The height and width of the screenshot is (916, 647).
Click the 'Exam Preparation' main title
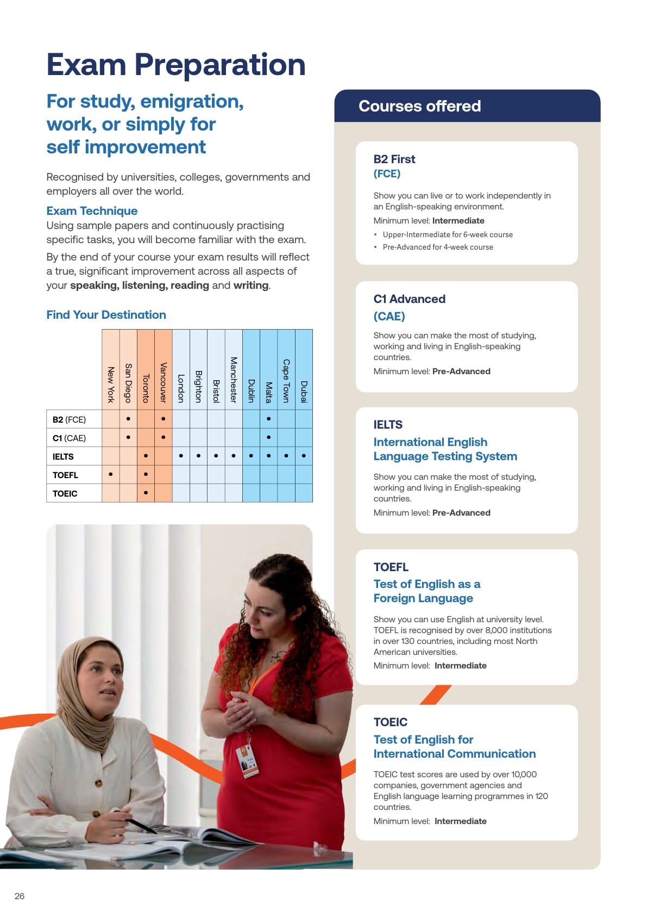click(175, 65)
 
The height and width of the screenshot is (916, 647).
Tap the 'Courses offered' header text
click(419, 106)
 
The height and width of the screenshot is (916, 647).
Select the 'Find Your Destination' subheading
click(106, 315)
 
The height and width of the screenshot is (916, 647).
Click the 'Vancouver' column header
click(163, 382)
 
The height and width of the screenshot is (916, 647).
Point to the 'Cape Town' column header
click(286, 380)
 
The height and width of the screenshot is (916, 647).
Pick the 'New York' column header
click(111, 385)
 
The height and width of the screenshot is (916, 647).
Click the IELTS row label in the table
click(63, 457)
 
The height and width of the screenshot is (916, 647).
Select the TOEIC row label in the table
click(65, 494)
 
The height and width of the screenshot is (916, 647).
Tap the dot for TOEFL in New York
click(111, 474)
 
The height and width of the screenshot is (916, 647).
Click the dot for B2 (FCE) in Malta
click(268, 419)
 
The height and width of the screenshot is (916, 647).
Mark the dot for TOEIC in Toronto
click(146, 493)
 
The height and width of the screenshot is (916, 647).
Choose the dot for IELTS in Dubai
click(304, 456)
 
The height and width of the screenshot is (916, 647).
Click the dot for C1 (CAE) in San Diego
click(128, 437)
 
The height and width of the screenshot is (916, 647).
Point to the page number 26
click(20, 896)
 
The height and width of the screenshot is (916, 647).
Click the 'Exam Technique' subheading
click(92, 211)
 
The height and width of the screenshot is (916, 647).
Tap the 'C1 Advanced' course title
click(409, 299)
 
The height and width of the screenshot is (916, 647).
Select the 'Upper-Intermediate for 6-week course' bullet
click(448, 234)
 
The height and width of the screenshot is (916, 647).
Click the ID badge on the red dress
click(248, 762)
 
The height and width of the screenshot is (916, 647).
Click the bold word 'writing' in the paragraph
click(250, 286)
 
